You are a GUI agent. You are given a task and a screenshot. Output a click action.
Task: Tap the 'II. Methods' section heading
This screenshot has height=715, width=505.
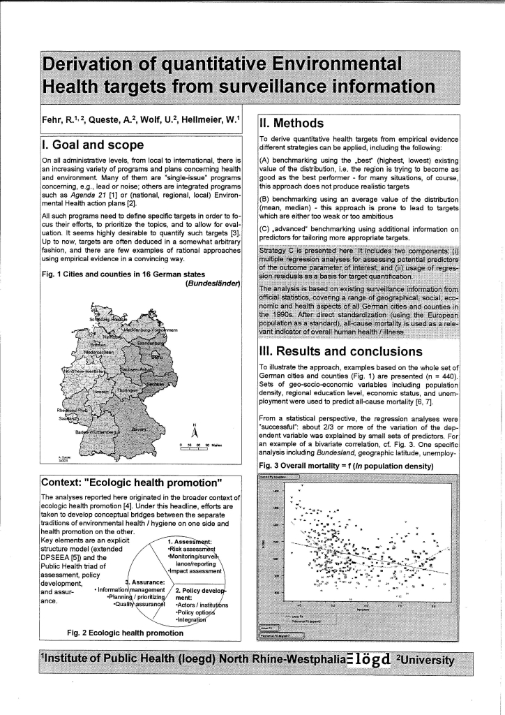(x=291, y=124)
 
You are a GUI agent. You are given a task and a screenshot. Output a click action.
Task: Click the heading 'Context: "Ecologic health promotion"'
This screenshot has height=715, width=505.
(x=132, y=482)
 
